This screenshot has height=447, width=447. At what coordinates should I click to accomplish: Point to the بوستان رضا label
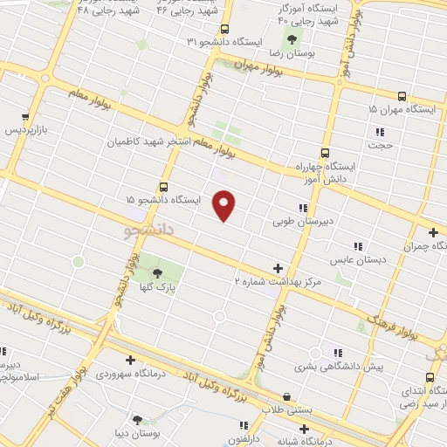[x=292, y=53]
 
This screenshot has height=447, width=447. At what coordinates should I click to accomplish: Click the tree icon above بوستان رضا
[x=292, y=38]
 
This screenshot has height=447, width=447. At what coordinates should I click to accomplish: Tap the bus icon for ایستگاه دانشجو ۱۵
[x=163, y=187]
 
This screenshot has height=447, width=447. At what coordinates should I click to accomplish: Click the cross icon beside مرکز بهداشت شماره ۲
[x=278, y=268]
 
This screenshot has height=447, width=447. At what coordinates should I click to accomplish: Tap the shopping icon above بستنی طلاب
[x=286, y=397]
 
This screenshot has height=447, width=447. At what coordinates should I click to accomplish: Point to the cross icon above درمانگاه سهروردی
[x=130, y=360]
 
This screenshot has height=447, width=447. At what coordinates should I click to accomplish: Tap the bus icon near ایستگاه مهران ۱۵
[x=402, y=96]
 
